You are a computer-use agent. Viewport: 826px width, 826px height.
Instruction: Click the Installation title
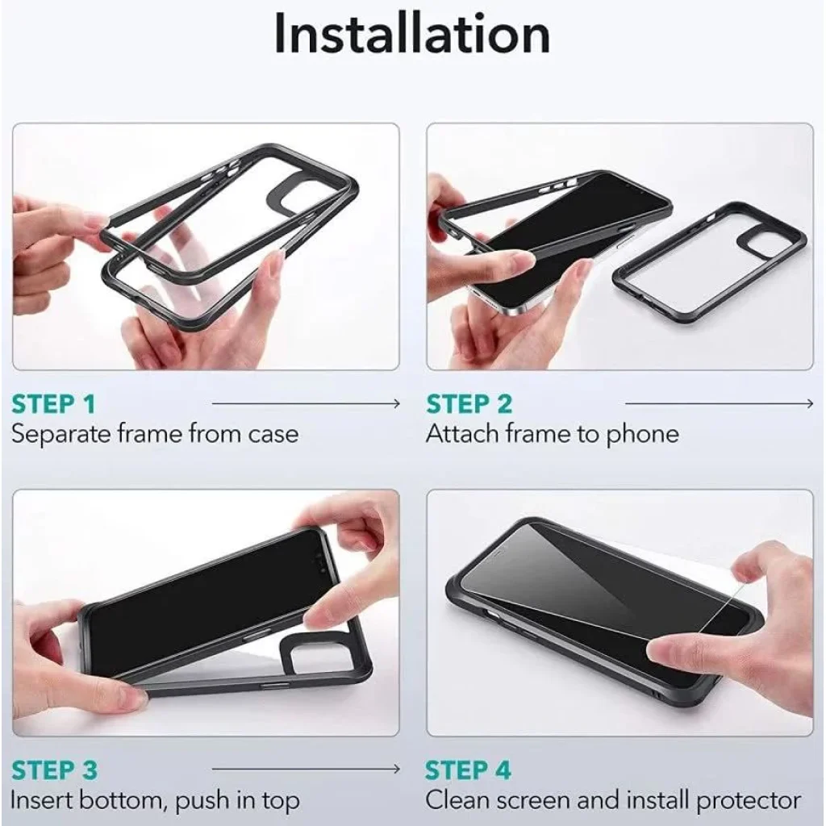(x=412, y=34)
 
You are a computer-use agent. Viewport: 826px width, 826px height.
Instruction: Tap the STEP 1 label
(x=53, y=404)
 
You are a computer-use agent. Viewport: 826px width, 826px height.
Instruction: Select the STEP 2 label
(x=469, y=404)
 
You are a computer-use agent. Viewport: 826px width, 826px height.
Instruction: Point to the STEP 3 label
(x=54, y=770)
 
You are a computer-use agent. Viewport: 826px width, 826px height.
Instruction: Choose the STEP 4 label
(x=469, y=770)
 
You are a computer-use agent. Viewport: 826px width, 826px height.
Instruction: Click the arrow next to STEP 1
(x=306, y=404)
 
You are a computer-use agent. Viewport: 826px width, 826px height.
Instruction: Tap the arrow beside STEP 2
(x=720, y=404)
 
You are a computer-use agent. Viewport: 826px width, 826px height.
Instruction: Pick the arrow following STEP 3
(x=306, y=770)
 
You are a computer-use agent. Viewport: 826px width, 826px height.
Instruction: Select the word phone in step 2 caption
(x=642, y=435)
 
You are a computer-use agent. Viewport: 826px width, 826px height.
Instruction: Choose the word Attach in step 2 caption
(x=462, y=435)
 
